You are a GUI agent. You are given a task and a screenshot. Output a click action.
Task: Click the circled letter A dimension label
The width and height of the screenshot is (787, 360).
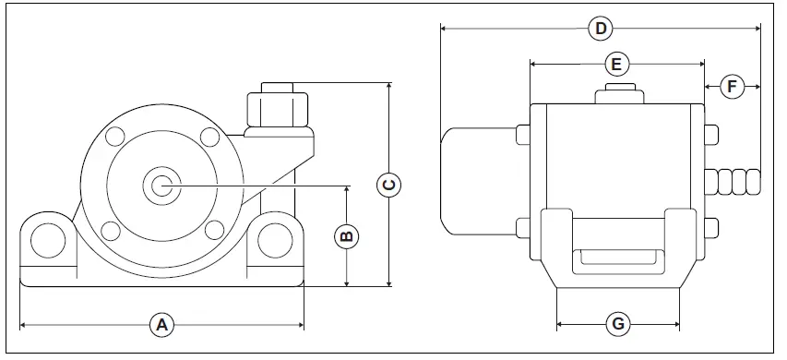point(162,324)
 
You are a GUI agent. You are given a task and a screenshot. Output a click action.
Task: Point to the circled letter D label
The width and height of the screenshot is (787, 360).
point(601,29)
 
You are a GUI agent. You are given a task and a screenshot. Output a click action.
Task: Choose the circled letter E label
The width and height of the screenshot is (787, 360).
point(616,64)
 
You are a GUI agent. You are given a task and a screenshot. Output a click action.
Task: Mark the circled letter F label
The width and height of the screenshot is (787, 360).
point(732,87)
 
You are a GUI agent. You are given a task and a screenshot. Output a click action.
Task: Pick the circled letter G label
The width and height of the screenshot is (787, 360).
point(618,324)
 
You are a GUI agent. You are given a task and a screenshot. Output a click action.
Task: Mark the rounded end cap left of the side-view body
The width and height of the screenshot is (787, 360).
point(475,180)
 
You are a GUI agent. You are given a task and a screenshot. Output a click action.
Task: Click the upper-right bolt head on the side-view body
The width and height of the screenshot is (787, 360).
point(711,135)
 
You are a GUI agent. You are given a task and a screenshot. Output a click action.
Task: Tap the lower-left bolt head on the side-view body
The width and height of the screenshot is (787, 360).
point(522,227)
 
